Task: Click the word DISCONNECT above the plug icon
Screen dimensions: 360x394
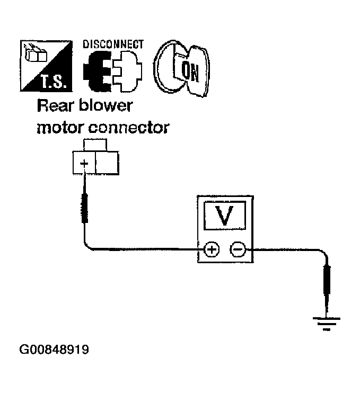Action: [x=113, y=44]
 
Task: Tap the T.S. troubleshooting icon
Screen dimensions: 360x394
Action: [x=46, y=66]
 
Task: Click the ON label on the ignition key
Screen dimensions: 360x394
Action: [x=190, y=73]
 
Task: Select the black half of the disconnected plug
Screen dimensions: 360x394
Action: [x=97, y=71]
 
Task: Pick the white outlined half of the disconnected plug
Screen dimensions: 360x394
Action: [x=127, y=71]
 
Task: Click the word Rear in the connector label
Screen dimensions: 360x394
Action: [x=55, y=106]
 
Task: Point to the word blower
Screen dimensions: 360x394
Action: [x=106, y=105]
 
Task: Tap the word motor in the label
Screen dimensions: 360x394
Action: [x=60, y=128]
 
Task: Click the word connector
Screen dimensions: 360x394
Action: [x=128, y=128]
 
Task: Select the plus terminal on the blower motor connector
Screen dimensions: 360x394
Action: [x=84, y=163]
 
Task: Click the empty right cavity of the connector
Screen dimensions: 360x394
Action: [x=107, y=163]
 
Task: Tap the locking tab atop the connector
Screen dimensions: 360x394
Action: [x=95, y=145]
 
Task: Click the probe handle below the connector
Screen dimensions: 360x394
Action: [x=85, y=208]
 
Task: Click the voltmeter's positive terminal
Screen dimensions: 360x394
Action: [x=212, y=249]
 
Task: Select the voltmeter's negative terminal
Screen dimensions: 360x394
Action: [x=238, y=249]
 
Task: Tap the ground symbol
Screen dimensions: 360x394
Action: [x=327, y=324]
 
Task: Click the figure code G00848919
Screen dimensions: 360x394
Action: [x=54, y=350]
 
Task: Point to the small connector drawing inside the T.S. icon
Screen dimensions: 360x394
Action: [x=35, y=54]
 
